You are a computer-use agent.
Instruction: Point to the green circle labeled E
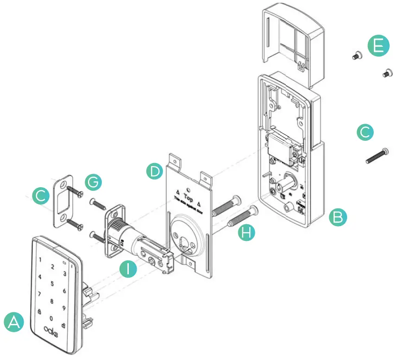point(378,47)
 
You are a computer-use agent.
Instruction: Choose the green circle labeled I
point(127,269)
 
